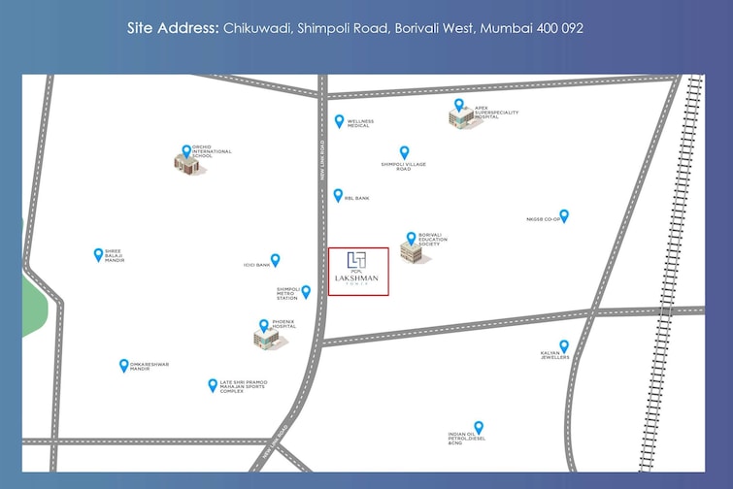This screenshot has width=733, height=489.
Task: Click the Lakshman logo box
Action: click(x=358, y=272)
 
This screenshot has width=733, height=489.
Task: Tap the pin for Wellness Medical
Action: click(x=339, y=121)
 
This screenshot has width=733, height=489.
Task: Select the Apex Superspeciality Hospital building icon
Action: click(x=460, y=114)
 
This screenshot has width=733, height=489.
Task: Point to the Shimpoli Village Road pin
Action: click(x=404, y=152)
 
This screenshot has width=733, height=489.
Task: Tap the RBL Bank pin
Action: click(x=337, y=195)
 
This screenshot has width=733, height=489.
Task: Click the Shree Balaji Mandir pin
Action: click(x=98, y=254)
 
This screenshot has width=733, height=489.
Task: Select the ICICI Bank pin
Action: click(x=275, y=259)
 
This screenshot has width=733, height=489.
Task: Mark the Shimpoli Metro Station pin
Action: click(x=306, y=291)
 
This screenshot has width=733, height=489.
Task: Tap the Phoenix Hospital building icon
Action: click(x=264, y=336)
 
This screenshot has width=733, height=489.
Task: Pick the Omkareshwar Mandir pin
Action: click(x=123, y=365)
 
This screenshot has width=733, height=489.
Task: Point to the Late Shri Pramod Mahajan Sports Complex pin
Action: click(x=213, y=384)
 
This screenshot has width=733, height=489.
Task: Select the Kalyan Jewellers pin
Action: click(x=563, y=345)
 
